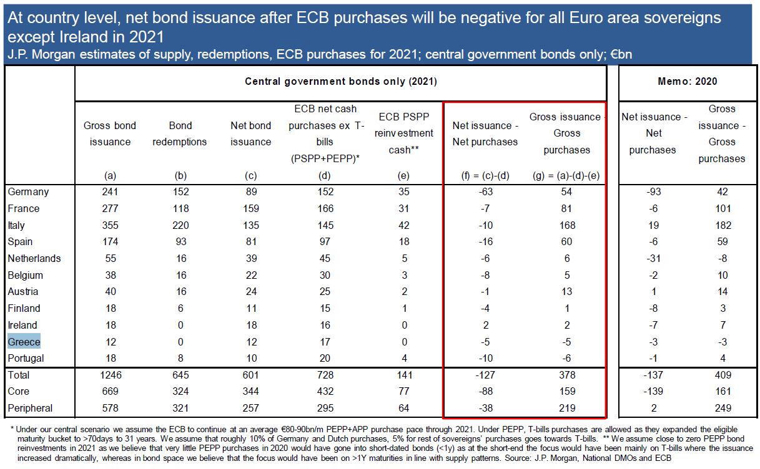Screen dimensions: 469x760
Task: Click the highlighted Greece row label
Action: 24,342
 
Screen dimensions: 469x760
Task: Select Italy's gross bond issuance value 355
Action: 109,225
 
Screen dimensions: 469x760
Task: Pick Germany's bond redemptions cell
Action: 180,192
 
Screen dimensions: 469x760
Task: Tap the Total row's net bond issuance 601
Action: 250,375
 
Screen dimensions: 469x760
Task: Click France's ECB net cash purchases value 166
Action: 325,208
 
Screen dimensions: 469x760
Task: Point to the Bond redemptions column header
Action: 180,133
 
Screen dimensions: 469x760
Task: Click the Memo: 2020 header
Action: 687,81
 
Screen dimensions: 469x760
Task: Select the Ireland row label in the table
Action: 22,325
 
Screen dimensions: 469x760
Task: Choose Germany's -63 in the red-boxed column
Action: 485,192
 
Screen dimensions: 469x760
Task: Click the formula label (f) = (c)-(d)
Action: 485,175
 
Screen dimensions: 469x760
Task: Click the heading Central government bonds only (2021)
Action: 340,81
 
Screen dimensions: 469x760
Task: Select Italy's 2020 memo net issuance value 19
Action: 652,225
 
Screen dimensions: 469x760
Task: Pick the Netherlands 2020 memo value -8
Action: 722,258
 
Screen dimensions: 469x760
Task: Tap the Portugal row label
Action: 26,358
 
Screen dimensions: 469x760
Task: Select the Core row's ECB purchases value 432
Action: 325,392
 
